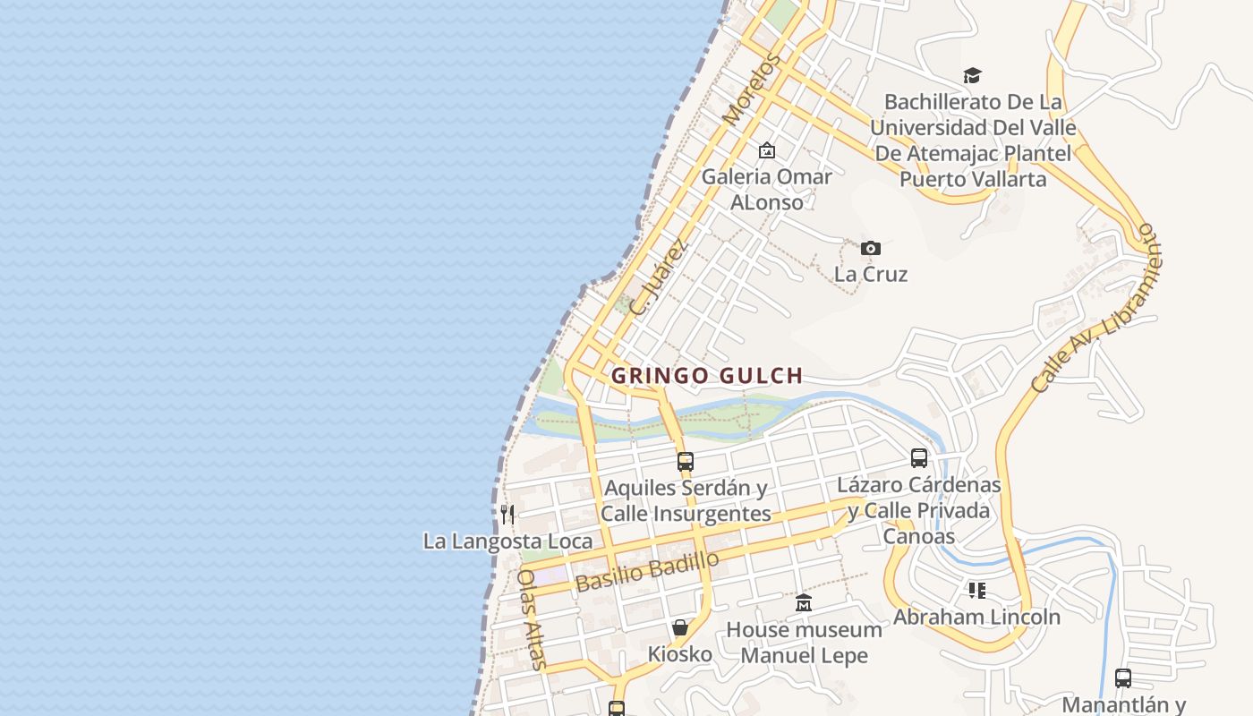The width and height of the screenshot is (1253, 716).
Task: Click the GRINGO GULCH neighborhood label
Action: [x=707, y=376]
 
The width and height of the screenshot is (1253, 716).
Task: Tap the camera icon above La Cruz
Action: [x=870, y=248]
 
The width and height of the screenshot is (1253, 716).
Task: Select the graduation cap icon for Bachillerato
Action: [x=972, y=75]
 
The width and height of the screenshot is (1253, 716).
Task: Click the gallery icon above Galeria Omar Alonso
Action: [x=766, y=150]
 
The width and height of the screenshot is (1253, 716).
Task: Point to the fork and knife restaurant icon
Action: [x=507, y=514]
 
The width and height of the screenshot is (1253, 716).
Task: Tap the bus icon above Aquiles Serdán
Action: [x=686, y=462]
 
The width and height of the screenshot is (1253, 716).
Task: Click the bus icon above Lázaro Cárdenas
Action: [x=919, y=458]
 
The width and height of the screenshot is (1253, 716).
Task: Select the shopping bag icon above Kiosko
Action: [x=680, y=627]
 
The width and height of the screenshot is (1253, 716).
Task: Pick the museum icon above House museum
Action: [x=803, y=603]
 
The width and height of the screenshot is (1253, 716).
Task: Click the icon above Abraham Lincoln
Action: [x=976, y=591]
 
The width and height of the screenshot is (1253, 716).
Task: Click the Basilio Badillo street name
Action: [x=647, y=571]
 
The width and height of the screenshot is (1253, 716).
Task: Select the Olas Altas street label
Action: [x=531, y=618]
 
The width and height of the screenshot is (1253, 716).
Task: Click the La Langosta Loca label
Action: [x=507, y=541]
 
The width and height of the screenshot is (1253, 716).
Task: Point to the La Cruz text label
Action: [x=871, y=274]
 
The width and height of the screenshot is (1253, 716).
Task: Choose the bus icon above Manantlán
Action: [x=1122, y=678]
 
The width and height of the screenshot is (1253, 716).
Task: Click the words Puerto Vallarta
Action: [x=972, y=179]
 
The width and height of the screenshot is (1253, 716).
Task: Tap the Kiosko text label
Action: [x=680, y=654]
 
